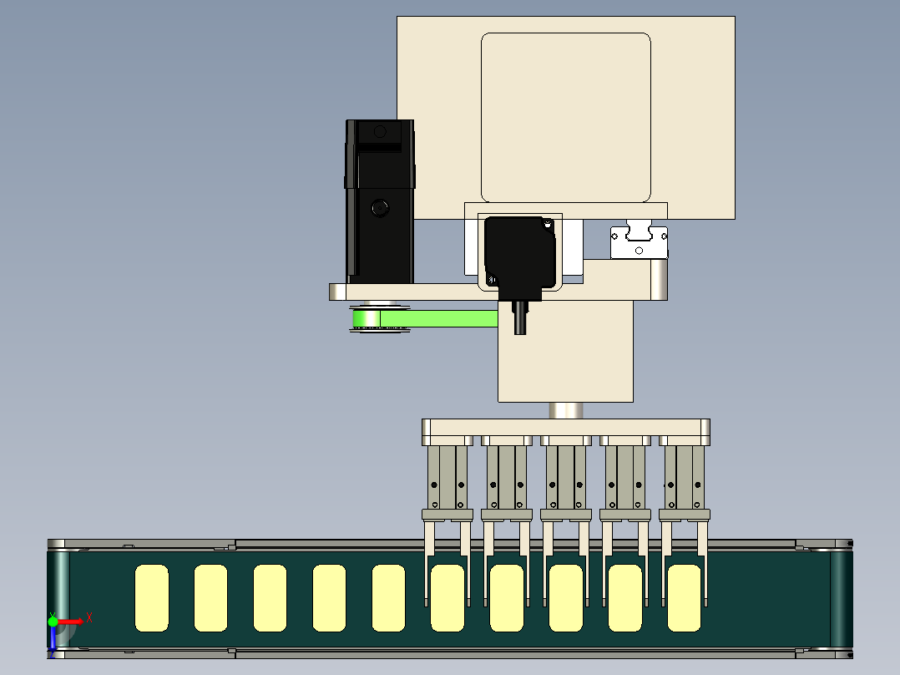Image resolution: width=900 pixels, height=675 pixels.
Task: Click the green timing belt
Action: click(x=425, y=318)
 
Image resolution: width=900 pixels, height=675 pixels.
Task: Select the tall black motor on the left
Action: click(x=379, y=201)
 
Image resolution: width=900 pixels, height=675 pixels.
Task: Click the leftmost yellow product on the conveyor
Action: click(x=152, y=598)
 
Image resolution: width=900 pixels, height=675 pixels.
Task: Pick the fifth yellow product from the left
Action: click(x=388, y=598)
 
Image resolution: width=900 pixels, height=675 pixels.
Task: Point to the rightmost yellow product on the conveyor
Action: click(x=685, y=598)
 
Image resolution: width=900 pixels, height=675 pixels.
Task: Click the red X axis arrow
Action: click(x=68, y=622)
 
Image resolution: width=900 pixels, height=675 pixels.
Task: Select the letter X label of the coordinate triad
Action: click(x=89, y=618)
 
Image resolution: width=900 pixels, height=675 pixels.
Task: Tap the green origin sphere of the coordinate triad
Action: click(x=53, y=622)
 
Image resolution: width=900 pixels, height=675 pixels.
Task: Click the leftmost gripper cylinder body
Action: click(x=447, y=477)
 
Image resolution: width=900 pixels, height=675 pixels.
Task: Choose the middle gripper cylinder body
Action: click(x=566, y=477)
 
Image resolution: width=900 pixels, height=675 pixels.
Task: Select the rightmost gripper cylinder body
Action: click(x=685, y=477)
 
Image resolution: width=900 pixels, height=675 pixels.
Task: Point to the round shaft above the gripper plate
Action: click(x=566, y=410)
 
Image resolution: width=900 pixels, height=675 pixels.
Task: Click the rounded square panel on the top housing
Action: click(x=566, y=117)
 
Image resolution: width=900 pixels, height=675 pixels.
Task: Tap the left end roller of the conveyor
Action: click(x=58, y=598)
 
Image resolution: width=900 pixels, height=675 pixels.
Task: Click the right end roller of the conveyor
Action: click(x=842, y=598)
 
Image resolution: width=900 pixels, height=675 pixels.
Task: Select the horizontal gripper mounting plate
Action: click(x=566, y=429)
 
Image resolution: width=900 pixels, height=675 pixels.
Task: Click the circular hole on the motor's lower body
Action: click(x=379, y=207)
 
